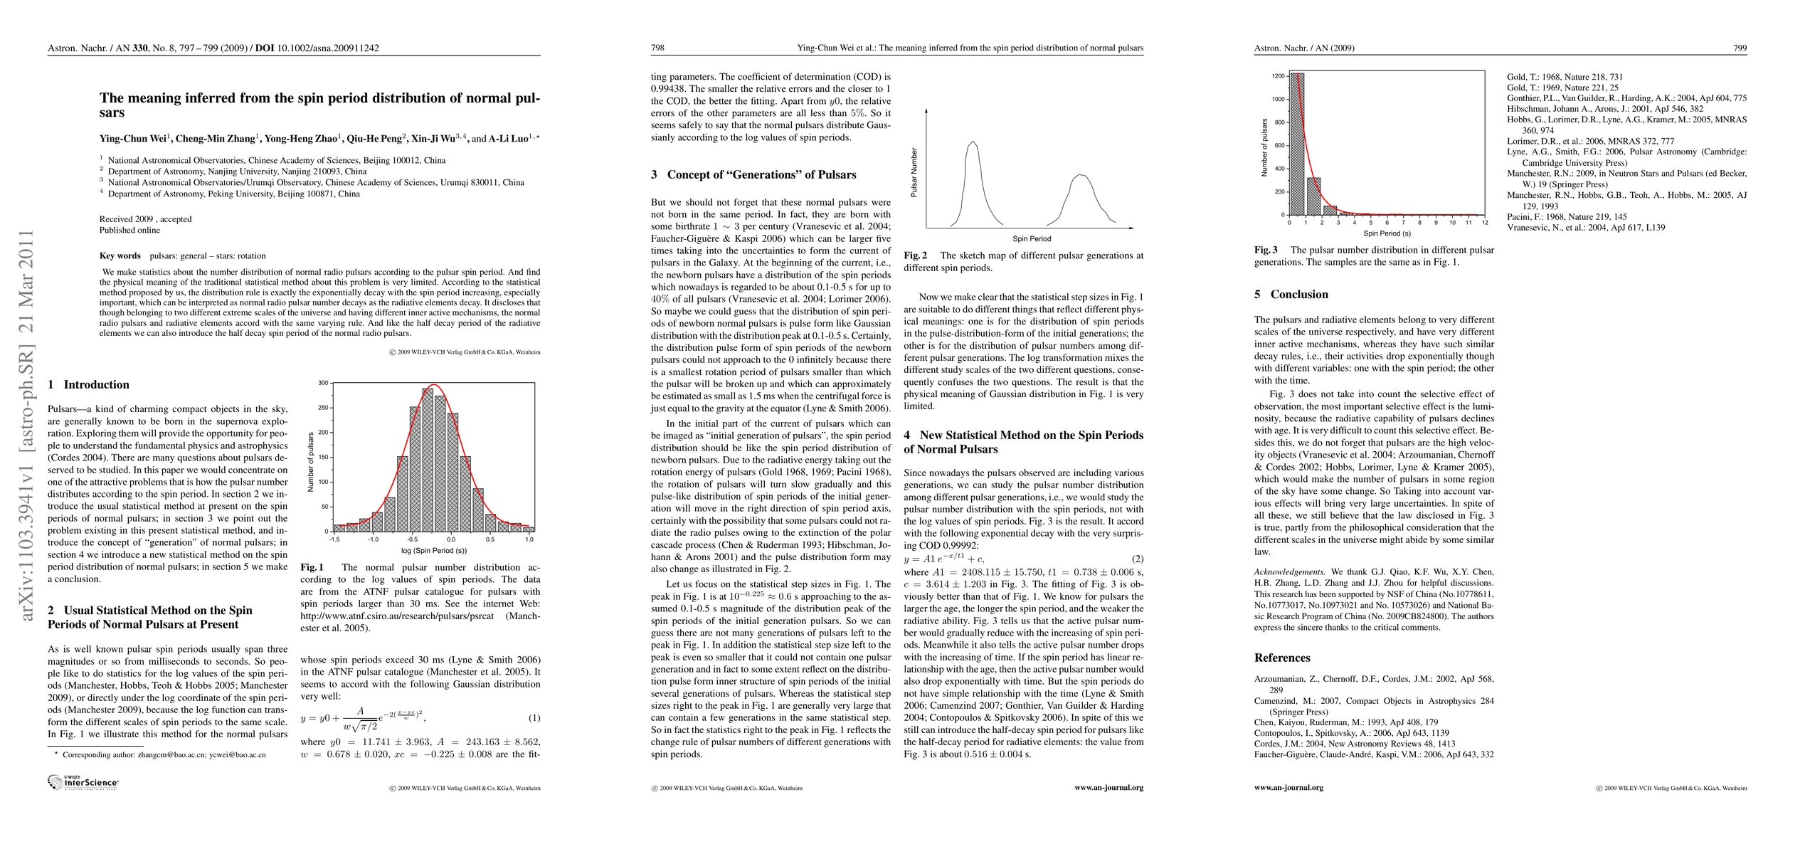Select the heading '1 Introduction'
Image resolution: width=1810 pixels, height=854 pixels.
click(89, 384)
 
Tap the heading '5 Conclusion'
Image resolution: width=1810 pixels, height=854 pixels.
click(1291, 294)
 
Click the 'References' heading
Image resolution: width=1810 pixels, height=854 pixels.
click(1282, 658)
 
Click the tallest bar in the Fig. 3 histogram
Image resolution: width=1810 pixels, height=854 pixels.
click(1297, 144)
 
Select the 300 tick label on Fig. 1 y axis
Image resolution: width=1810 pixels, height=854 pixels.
click(322, 383)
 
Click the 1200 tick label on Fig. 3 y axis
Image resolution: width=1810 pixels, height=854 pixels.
click(1278, 75)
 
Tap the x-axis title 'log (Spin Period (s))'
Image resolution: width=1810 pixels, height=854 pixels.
click(433, 551)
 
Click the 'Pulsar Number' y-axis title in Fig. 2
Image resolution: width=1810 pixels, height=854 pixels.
click(915, 172)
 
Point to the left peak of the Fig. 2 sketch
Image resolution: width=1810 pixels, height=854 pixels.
click(973, 142)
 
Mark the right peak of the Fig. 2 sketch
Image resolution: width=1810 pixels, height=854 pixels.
click(1081, 175)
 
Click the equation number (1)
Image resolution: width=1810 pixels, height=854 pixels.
click(534, 718)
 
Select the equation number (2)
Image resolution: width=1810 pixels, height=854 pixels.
click(1137, 559)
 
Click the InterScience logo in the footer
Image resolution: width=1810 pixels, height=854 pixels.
click(83, 782)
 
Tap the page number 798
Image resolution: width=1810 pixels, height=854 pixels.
click(657, 48)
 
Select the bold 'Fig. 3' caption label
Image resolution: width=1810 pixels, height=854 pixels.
click(1266, 250)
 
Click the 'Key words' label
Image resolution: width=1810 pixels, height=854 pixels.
click(120, 255)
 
